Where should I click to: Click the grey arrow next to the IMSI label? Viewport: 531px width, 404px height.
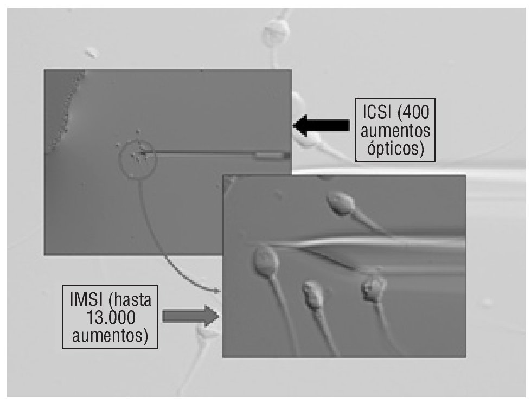pos(189,316)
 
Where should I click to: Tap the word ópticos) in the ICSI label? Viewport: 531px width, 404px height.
pos(395,148)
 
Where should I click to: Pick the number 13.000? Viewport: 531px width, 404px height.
pos(110,317)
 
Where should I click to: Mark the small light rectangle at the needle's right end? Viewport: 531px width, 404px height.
pos(270,156)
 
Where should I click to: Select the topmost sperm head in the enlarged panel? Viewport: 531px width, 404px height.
pos(340,203)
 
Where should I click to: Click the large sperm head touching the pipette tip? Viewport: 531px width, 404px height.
pos(266,260)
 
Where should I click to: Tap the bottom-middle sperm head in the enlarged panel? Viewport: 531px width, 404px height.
pos(313,295)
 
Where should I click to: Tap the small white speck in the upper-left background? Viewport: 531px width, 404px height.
pos(92,53)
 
